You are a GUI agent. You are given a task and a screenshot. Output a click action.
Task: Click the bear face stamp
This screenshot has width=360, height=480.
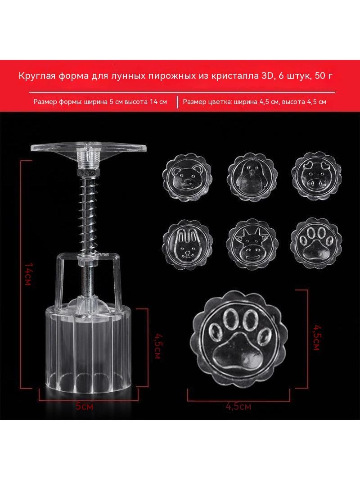pyautogui.click(x=188, y=177)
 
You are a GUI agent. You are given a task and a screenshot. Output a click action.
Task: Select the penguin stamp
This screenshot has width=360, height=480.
pyautogui.click(x=252, y=177)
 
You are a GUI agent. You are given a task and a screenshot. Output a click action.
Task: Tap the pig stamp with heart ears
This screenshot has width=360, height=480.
pyautogui.click(x=316, y=177)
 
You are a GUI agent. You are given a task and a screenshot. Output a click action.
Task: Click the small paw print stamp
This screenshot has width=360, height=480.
pyautogui.click(x=316, y=243)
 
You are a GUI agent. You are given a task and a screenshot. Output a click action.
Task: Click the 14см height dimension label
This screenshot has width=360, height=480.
pyautogui.click(x=28, y=274)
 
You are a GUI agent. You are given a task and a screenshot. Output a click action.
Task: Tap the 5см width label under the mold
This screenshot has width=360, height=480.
pyautogui.click(x=84, y=407)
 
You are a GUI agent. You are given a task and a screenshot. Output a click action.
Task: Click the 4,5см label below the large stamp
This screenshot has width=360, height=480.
pyautogui.click(x=238, y=407)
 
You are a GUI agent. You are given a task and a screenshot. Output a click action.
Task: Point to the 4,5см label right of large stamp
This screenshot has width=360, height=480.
pyautogui.click(x=316, y=338)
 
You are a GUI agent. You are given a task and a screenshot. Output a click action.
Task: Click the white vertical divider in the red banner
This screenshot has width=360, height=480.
pyautogui.click(x=177, y=102)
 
